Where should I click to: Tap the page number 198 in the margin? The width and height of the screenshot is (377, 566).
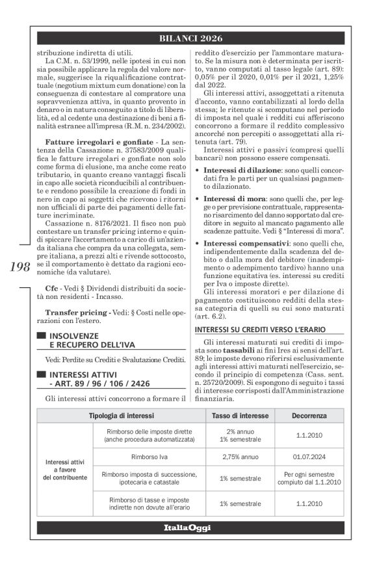click(23, 267)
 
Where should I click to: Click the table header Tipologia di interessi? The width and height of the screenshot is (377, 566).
click(121, 397)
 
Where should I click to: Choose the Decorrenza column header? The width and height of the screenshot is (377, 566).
click(309, 397)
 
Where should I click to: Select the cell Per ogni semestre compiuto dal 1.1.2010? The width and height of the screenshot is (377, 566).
click(309, 478)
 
